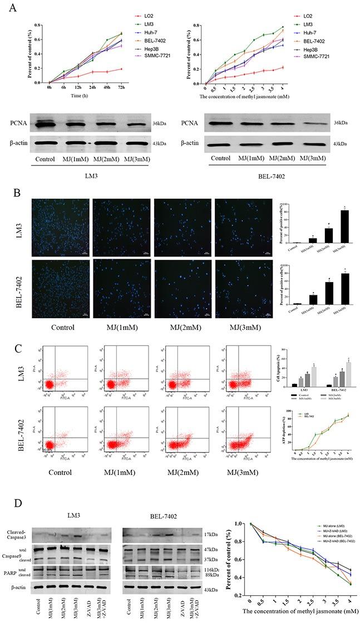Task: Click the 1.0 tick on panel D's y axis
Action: tap(243, 523)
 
